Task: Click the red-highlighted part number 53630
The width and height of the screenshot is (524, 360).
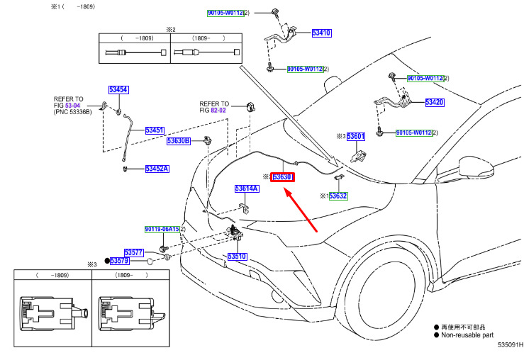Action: [x=282, y=176]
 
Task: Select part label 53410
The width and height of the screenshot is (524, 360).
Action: [x=321, y=33]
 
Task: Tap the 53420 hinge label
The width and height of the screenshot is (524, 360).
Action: [x=435, y=102]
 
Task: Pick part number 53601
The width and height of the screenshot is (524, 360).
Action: [x=355, y=136]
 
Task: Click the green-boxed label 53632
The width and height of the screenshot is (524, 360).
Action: [x=338, y=196]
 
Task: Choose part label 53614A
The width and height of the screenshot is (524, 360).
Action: [x=247, y=189]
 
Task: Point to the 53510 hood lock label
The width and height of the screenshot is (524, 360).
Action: [x=237, y=257]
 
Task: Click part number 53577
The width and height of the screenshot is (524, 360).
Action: [x=134, y=252]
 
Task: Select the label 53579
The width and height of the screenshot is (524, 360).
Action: [x=119, y=261]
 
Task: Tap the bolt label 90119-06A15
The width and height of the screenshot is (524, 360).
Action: [x=162, y=229]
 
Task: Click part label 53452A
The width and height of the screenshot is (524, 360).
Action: [x=157, y=169]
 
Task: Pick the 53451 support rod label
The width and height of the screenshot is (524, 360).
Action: [x=155, y=130]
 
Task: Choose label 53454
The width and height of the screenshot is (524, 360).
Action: [x=118, y=89]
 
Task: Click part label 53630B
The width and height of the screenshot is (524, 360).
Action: [x=179, y=141]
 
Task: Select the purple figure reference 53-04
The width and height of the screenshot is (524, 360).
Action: [x=72, y=106]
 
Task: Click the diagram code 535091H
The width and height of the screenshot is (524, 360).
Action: [x=511, y=344]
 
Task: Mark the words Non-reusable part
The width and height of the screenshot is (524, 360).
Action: [x=467, y=335]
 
